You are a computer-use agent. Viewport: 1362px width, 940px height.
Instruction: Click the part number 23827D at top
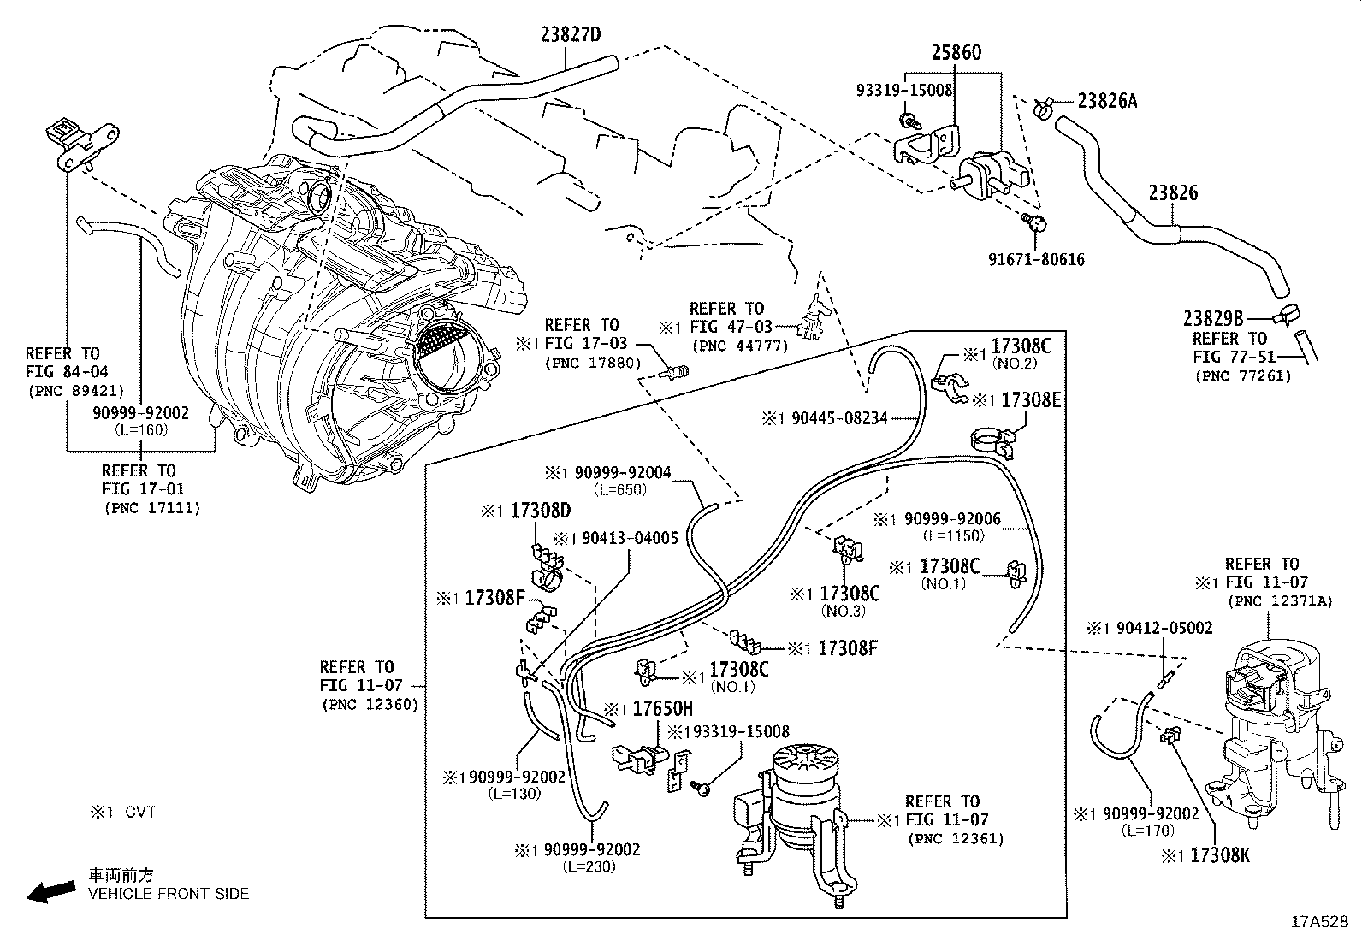[x=571, y=35]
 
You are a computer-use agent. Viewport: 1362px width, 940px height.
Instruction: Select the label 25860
[x=956, y=53]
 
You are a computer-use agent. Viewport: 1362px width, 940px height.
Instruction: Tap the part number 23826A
[x=1107, y=101]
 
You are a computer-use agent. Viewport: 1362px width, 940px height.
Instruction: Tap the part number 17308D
[x=540, y=511]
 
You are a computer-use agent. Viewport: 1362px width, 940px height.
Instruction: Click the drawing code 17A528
[x=1320, y=922]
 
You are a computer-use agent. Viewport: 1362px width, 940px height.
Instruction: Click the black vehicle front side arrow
[x=50, y=892]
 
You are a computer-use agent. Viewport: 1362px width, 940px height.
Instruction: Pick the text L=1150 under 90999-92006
[x=953, y=536]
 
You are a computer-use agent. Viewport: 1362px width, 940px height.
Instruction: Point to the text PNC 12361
[x=955, y=838]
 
